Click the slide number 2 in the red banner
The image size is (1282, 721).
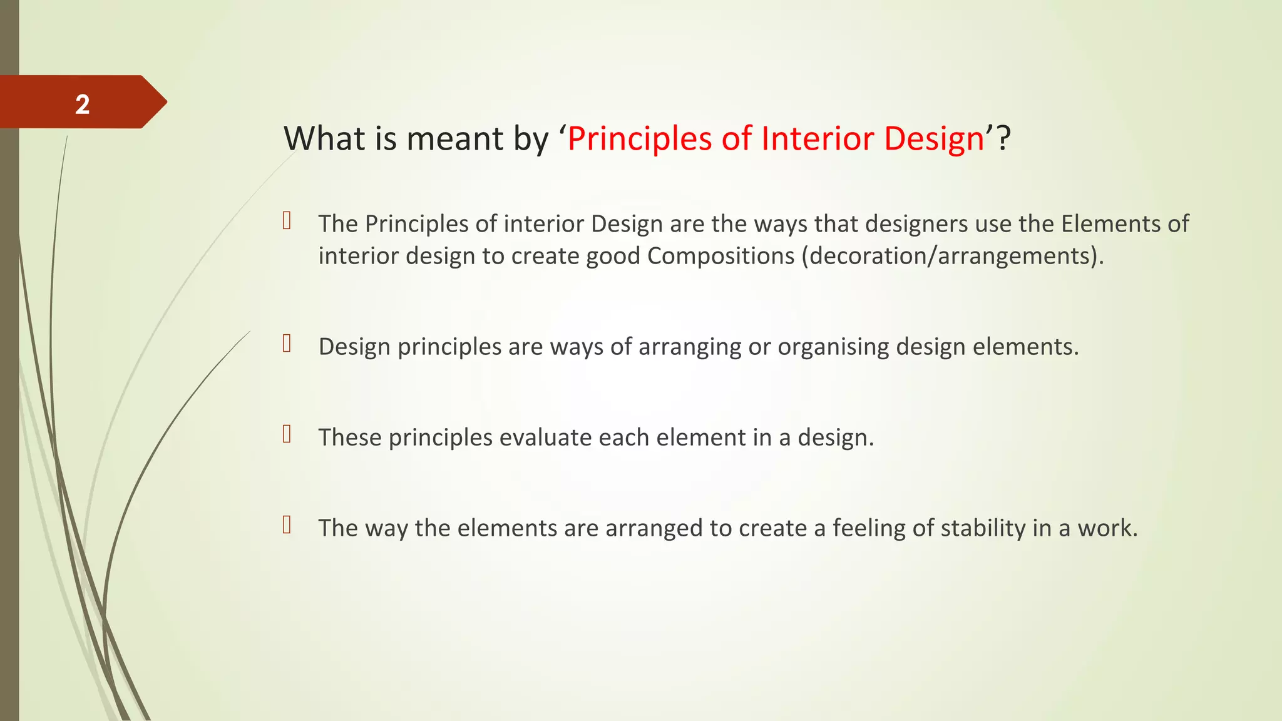pos(83,104)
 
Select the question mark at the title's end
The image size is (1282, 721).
pos(1003,138)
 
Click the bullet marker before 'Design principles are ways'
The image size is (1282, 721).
pos(287,344)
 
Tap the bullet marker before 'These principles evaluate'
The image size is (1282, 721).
pos(287,434)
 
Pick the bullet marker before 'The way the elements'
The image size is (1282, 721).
pos(287,524)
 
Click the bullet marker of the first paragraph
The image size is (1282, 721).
pos(287,220)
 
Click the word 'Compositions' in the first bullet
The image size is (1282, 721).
pos(720,256)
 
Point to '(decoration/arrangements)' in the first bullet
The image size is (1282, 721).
pos(952,256)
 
